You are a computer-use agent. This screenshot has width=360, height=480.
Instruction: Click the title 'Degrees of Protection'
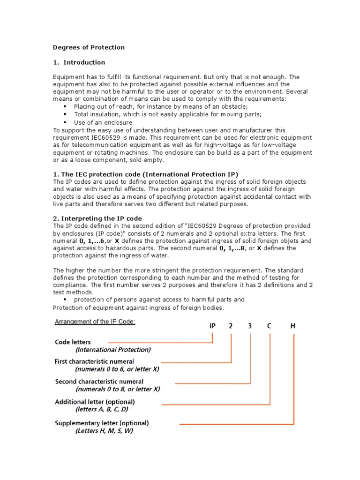coord(89,47)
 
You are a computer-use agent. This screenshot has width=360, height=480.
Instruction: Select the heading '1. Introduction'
coord(79,62)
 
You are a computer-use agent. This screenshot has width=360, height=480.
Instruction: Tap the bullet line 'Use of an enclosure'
coord(103,122)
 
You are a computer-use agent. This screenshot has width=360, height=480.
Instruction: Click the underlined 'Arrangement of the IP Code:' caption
coord(95,322)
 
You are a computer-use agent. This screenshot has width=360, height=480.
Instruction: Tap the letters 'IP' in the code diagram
coord(213,326)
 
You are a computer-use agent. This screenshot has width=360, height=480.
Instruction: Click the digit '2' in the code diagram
coord(231,326)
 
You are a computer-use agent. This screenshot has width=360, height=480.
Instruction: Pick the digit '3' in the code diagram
coord(250,326)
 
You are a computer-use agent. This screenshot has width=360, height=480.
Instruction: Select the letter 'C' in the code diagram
coord(270,326)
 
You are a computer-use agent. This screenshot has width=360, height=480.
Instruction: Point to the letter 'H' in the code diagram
coord(293,326)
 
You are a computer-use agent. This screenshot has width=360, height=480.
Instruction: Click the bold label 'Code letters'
coord(73,342)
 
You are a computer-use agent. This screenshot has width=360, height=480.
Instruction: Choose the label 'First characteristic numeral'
coord(94,361)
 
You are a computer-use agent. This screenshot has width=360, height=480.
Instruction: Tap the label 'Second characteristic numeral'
coord(99,382)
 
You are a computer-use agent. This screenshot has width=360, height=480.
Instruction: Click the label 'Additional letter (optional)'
coord(95,402)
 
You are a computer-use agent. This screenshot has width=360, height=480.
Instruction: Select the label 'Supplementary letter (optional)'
coord(102,423)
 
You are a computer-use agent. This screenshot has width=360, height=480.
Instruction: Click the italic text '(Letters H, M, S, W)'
coord(104,431)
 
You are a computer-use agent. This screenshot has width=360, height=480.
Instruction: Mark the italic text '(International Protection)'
coord(113,350)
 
